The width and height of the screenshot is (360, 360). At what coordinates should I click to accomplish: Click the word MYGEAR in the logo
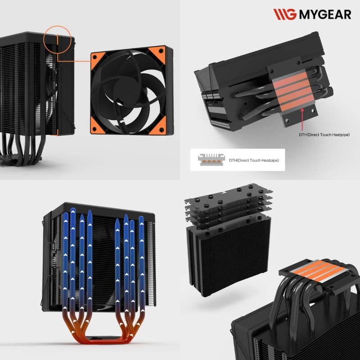click(x=325, y=14)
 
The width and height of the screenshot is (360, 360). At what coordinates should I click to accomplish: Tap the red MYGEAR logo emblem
click(x=285, y=14)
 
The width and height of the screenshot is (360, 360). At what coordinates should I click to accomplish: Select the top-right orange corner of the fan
click(x=158, y=53)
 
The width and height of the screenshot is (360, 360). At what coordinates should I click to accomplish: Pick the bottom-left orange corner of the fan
click(x=97, y=126)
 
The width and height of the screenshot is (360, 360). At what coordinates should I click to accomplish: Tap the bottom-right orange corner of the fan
click(x=159, y=126)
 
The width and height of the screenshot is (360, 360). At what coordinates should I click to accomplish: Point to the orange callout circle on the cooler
click(x=57, y=26)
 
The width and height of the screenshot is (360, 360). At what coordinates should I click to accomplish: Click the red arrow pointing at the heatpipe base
click(x=302, y=119)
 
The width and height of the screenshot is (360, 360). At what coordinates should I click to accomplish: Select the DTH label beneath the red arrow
click(x=324, y=135)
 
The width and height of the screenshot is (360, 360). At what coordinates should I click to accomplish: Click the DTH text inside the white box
click(x=254, y=160)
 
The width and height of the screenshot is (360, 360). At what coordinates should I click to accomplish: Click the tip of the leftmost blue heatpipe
click(x=66, y=213)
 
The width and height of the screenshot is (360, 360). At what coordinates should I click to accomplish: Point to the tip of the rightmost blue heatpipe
click(x=141, y=217)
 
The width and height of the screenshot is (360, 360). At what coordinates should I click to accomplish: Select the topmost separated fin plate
click(x=229, y=194)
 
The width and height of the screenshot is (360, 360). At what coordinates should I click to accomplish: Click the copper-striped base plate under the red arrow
click(x=294, y=91)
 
